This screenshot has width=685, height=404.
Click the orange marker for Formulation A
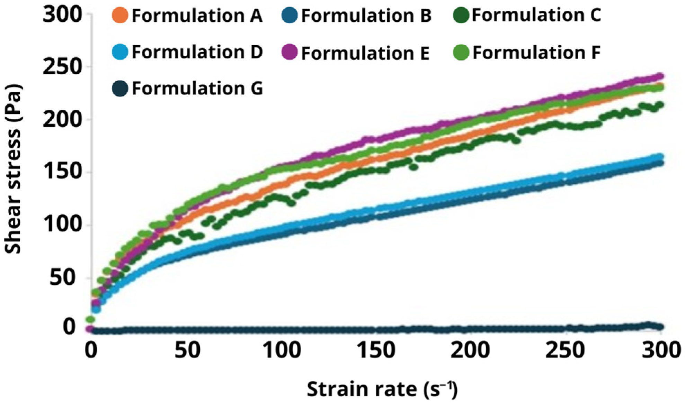pyautogui.click(x=120, y=16)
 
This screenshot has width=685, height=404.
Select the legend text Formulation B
pyautogui.click(x=366, y=16)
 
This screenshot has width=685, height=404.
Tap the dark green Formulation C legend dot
pyautogui.click(x=461, y=15)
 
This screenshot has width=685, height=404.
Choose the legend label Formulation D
pyautogui.click(x=197, y=52)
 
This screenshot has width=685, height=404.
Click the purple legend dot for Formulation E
pyautogui.click(x=290, y=52)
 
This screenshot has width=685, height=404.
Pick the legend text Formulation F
pyautogui.click(x=536, y=53)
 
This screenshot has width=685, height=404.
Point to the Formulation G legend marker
pyautogui.click(x=120, y=88)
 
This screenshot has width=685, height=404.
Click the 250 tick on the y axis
pyautogui.click(x=62, y=66)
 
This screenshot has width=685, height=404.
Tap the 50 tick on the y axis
pyautogui.click(x=62, y=277)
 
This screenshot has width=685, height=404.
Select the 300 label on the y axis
pyautogui.click(x=62, y=15)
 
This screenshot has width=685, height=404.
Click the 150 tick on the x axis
pyautogui.click(x=376, y=350)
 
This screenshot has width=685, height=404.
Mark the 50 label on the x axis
pyautogui.click(x=187, y=350)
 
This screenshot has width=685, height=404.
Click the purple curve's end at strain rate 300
pyautogui.click(x=660, y=76)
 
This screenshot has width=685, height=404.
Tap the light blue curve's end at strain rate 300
pyautogui.click(x=660, y=157)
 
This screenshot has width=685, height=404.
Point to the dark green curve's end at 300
pyautogui.click(x=660, y=104)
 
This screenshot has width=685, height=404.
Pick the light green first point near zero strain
pyautogui.click(x=90, y=319)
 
